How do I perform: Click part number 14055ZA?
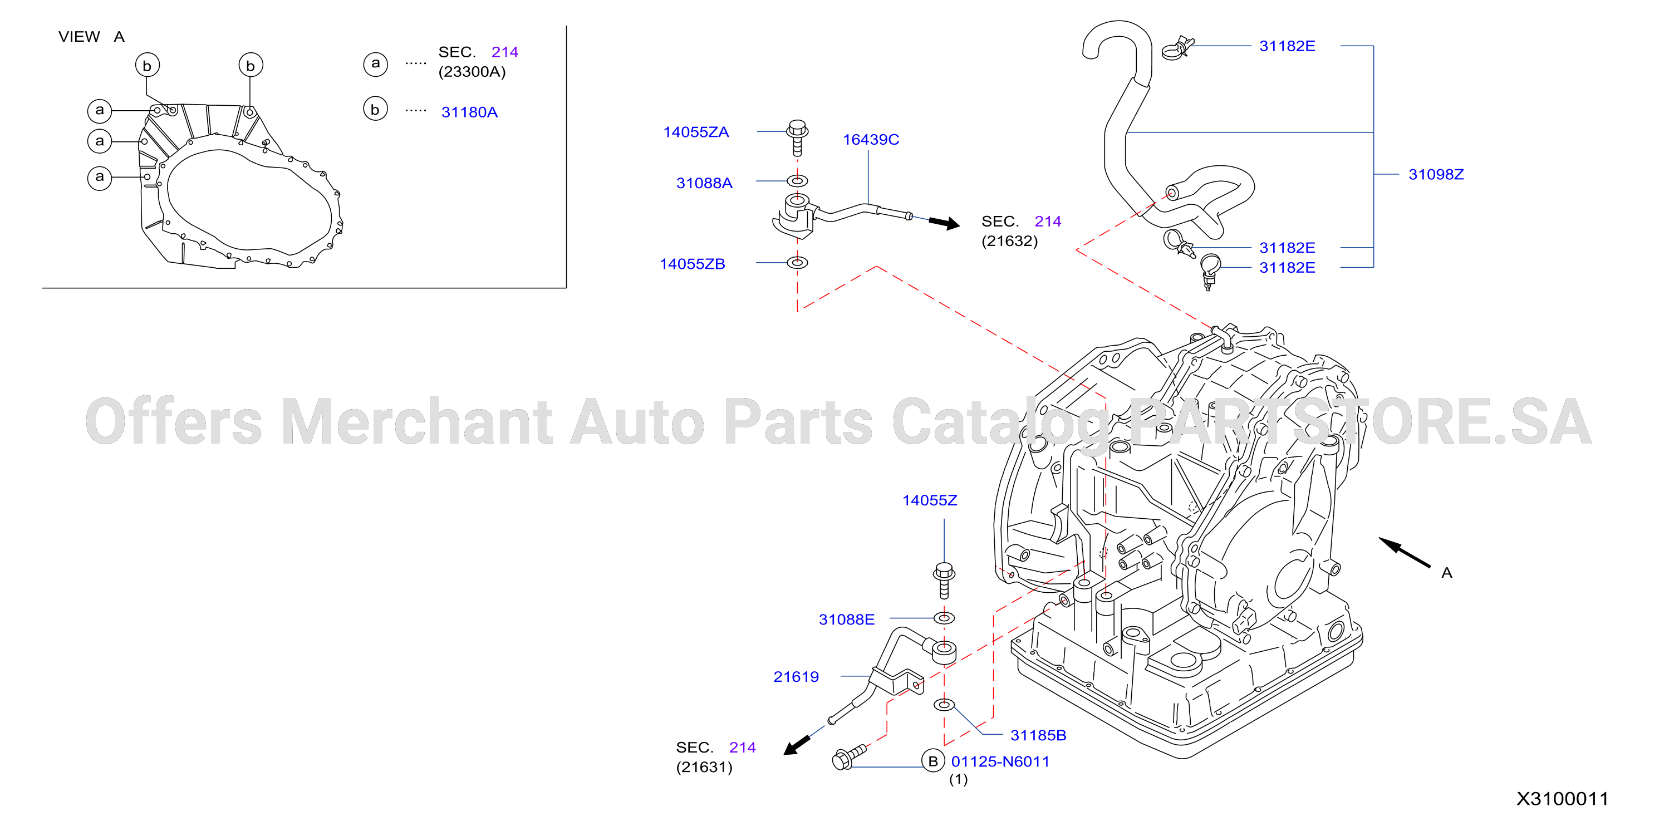tap(696, 132)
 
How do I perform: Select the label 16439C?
tap(871, 140)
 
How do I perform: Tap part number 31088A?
tap(704, 183)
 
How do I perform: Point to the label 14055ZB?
tap(693, 264)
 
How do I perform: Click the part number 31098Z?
tap(1436, 174)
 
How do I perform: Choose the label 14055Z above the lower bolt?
tap(930, 500)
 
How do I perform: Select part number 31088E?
tap(847, 619)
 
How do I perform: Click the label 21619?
tap(796, 676)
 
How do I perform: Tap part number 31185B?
tap(1038, 735)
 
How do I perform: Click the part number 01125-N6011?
tap(1000, 761)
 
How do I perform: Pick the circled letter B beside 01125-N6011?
tap(933, 761)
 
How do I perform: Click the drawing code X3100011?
tap(1563, 799)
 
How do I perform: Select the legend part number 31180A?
tap(470, 112)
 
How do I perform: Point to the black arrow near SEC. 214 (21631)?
tap(797, 745)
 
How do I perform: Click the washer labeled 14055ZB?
tap(797, 263)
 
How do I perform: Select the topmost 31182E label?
tap(1287, 46)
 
